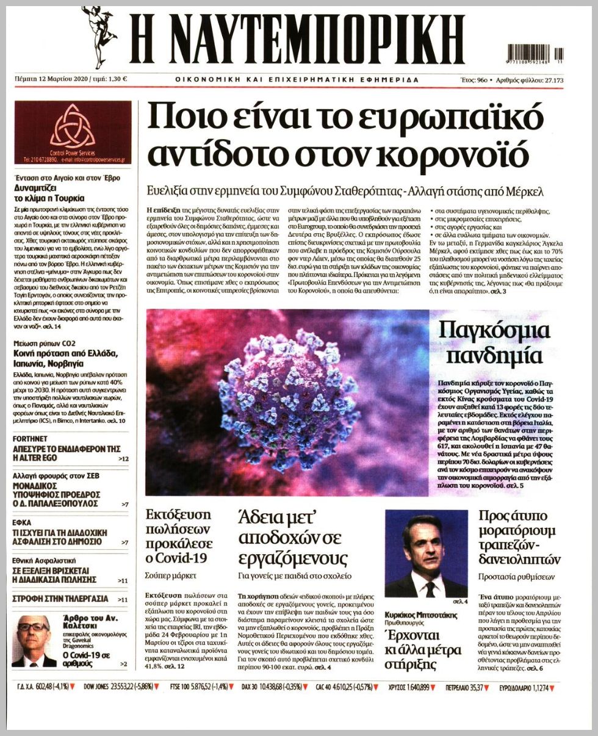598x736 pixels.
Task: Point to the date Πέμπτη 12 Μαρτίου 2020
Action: [51, 80]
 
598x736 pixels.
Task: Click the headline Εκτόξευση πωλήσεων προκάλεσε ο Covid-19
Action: [179, 536]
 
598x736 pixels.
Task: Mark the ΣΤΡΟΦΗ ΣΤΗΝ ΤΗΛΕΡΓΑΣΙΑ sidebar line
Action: [60, 599]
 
